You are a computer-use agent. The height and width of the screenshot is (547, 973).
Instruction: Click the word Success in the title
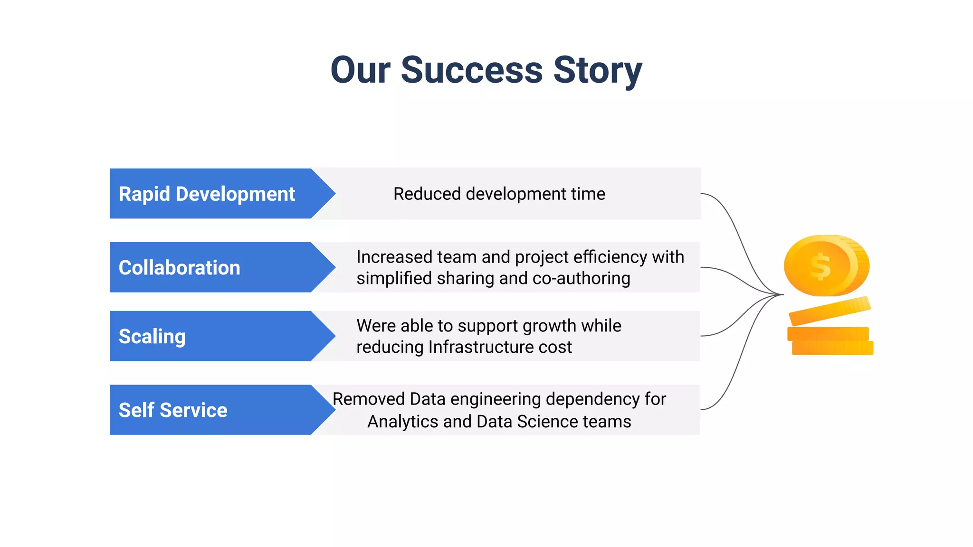point(471,70)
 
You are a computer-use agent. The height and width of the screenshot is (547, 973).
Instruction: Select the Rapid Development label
point(207,194)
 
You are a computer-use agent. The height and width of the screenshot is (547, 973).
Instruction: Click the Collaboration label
point(179,268)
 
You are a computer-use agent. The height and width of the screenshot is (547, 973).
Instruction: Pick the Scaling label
point(152,336)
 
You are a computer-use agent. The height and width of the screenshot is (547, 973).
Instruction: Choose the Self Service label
point(173,410)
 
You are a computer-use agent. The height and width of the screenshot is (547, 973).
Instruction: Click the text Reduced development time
point(499,194)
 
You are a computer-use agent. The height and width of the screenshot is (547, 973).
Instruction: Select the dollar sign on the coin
point(820,266)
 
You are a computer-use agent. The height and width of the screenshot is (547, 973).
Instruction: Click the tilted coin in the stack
point(830,311)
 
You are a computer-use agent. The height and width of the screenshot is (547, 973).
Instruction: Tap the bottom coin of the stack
point(832,348)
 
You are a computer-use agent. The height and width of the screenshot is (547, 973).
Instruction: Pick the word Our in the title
point(360,70)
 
